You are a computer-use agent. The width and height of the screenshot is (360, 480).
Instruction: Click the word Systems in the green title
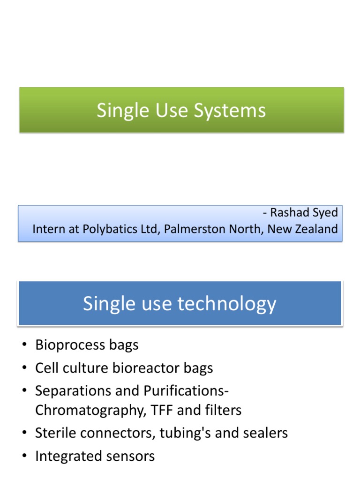click(233, 111)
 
